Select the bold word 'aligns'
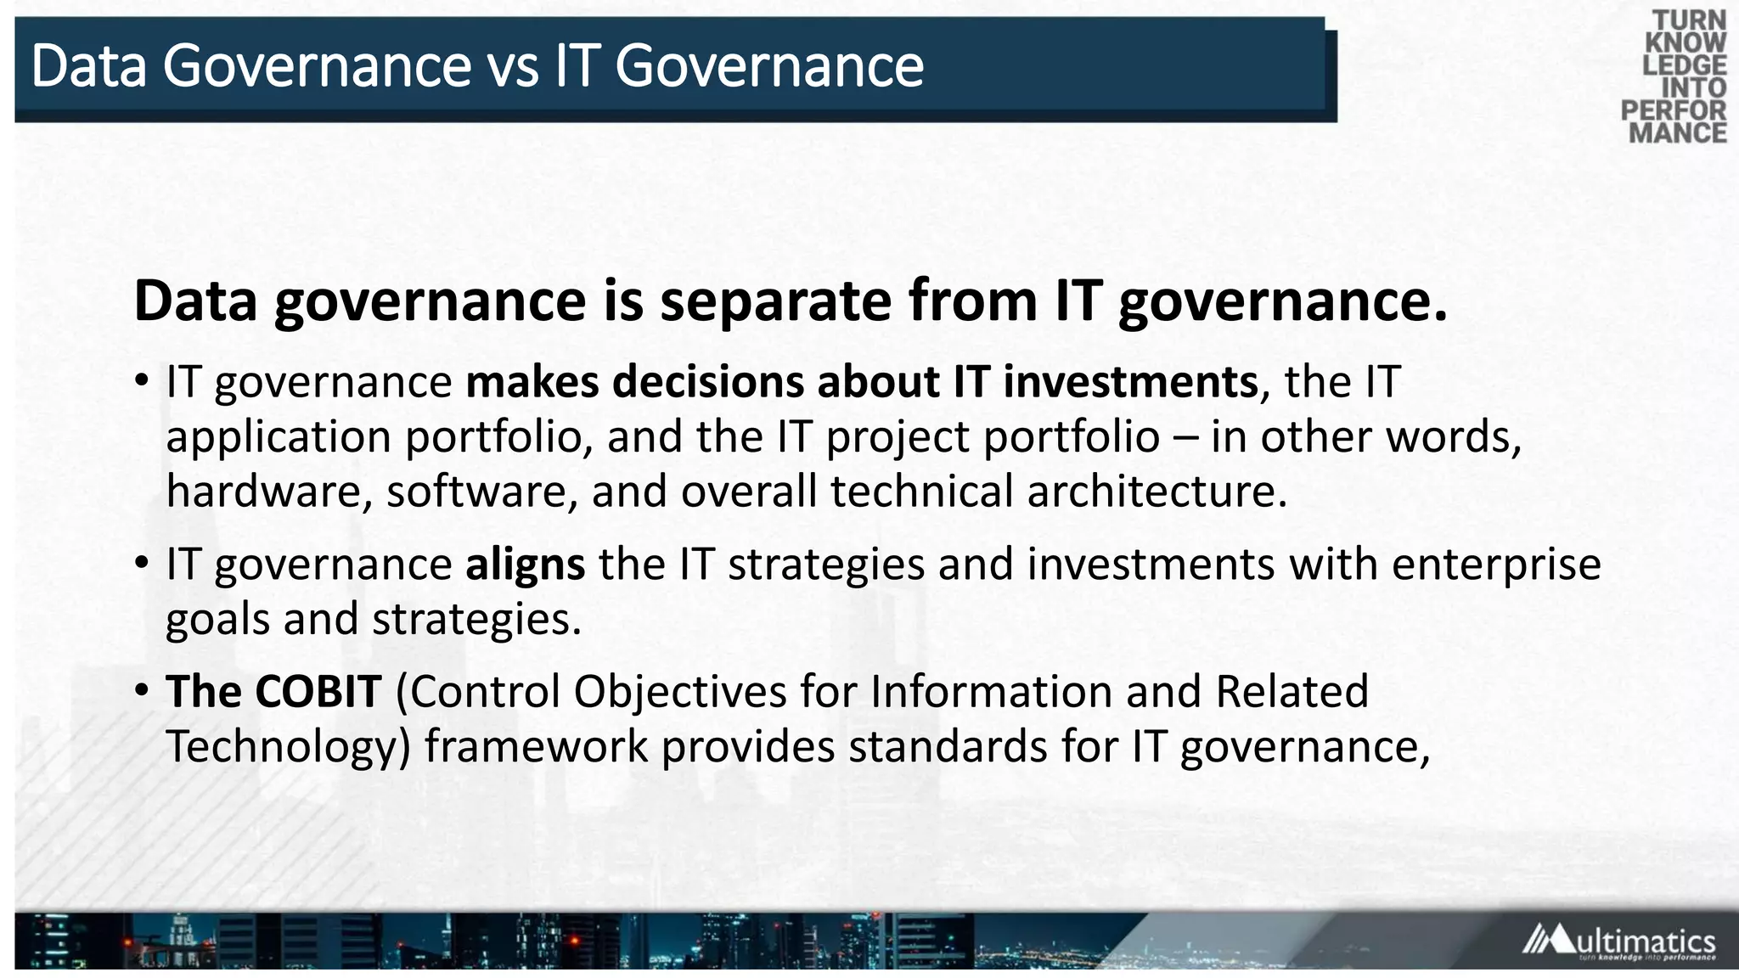point(525,565)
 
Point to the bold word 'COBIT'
point(318,691)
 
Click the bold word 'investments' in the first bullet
point(1130,381)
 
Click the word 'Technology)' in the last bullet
point(288,747)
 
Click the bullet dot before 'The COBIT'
point(142,690)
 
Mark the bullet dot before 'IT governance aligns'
point(142,563)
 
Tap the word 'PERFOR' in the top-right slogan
point(1673,110)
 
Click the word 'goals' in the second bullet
point(217,620)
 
